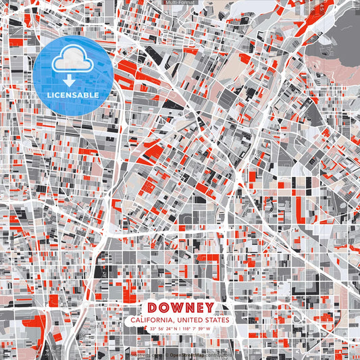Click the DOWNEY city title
(x=180, y=307)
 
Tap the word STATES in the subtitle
(x=217, y=319)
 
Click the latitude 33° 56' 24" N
(x=163, y=329)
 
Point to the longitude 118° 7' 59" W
(x=197, y=329)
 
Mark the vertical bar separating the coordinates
(x=180, y=329)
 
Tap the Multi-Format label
(x=180, y=3)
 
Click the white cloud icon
(x=73, y=60)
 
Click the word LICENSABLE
(x=73, y=94)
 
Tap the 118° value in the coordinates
(x=187, y=329)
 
